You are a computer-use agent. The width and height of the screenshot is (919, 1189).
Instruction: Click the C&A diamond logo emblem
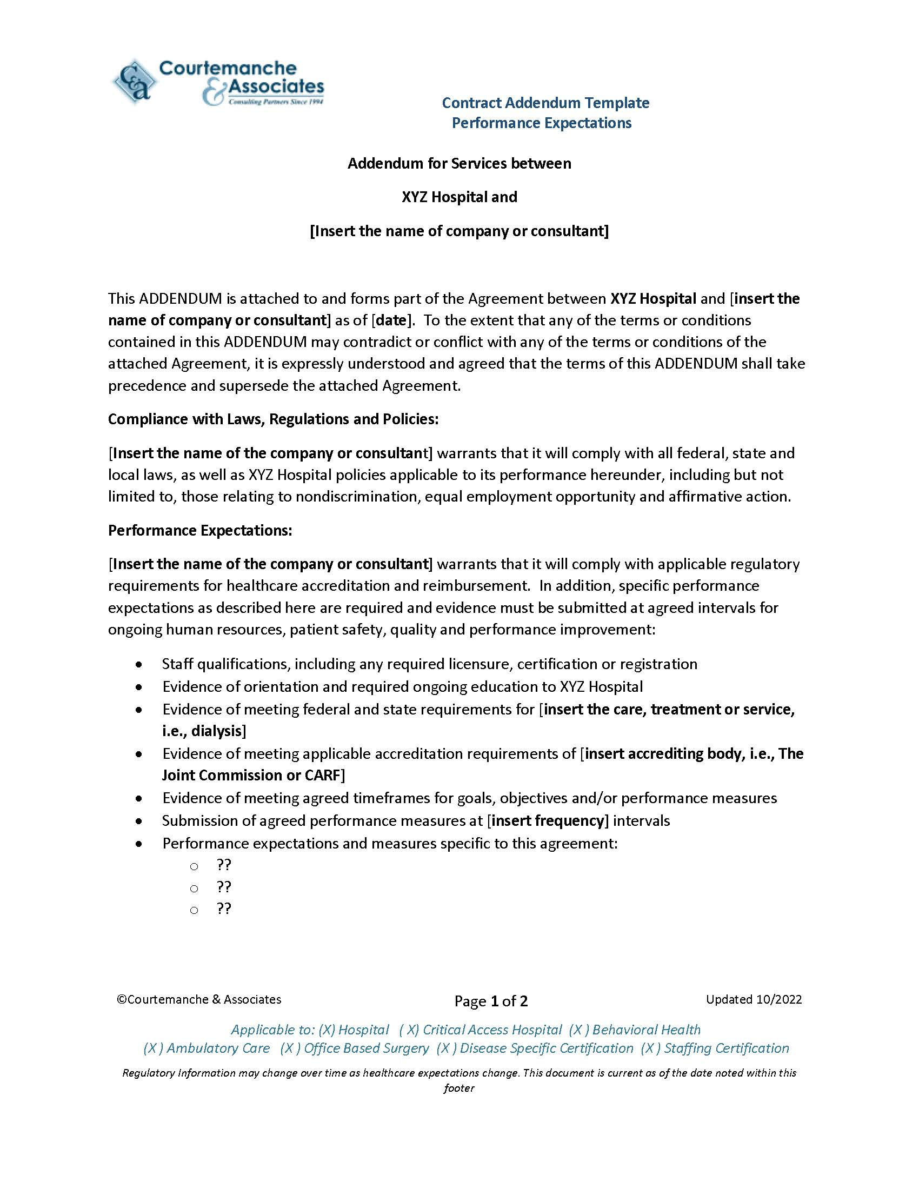pyautogui.click(x=134, y=82)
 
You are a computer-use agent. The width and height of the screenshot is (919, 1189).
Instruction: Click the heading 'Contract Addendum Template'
pyautogui.click(x=545, y=103)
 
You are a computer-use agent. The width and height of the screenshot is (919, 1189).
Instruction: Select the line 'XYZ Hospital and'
pyautogui.click(x=459, y=197)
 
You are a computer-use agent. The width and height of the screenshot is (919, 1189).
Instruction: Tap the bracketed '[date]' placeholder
pyautogui.click(x=391, y=320)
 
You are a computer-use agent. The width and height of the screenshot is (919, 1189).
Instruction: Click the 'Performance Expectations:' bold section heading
pyautogui.click(x=200, y=530)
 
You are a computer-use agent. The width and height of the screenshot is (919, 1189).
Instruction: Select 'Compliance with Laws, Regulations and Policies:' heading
pyautogui.click(x=273, y=419)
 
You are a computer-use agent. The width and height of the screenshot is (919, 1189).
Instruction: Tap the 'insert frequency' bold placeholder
pyautogui.click(x=548, y=820)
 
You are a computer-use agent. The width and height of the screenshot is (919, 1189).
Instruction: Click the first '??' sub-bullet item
pyautogui.click(x=224, y=865)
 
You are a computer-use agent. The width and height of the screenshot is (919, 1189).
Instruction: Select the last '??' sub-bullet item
pyautogui.click(x=224, y=909)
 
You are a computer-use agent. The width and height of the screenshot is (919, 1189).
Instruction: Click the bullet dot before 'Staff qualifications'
pyautogui.click(x=141, y=665)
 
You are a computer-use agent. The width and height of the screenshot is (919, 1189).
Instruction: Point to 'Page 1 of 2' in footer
pyautogui.click(x=491, y=1001)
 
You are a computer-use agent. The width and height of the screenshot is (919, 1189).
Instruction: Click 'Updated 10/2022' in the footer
pyautogui.click(x=754, y=999)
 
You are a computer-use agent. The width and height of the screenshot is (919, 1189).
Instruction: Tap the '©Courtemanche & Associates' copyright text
pyautogui.click(x=199, y=999)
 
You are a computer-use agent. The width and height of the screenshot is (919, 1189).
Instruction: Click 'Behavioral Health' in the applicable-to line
pyautogui.click(x=646, y=1030)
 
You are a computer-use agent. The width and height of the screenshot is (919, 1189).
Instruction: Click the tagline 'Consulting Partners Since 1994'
pyautogui.click(x=276, y=102)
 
